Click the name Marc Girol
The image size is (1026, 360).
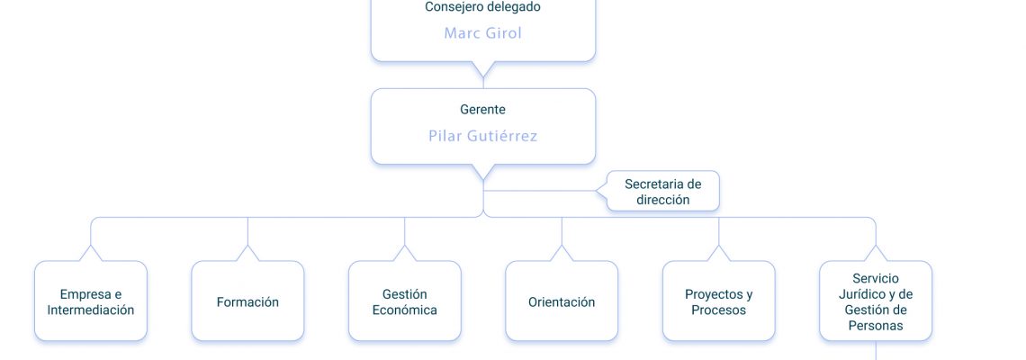[x=483, y=32]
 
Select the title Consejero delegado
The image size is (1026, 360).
[x=483, y=7]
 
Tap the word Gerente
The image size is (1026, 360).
[x=483, y=109]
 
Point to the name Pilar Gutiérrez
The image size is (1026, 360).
[x=483, y=136]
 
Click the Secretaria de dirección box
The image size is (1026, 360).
[x=662, y=191]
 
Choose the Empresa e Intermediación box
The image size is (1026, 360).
[x=91, y=301]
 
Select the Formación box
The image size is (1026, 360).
[x=248, y=301]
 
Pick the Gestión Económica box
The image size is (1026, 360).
[x=405, y=301]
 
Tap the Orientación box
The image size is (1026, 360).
[x=562, y=301]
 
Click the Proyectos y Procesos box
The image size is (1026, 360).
[x=719, y=301]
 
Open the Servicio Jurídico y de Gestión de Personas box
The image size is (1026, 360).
[x=877, y=301]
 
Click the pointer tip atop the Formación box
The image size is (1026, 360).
[x=248, y=246]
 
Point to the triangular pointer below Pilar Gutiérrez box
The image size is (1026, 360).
[x=483, y=172]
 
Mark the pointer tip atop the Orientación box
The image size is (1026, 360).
[x=562, y=246]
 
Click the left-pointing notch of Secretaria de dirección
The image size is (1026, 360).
[x=597, y=191]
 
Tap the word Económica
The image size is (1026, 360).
[x=405, y=310]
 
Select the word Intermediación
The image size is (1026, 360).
[x=91, y=310]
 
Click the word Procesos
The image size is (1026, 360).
[x=719, y=310]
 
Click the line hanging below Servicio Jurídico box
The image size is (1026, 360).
[x=877, y=350]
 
